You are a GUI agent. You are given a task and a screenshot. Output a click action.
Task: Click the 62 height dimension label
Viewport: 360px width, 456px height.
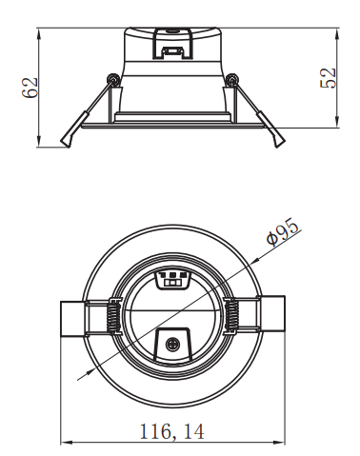click(30, 88)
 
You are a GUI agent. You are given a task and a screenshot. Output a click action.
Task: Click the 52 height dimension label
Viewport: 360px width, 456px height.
click(328, 78)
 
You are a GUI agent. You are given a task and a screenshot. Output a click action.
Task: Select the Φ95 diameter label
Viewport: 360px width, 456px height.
click(283, 231)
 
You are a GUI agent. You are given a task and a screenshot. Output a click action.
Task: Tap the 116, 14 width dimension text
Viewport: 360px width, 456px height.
click(172, 431)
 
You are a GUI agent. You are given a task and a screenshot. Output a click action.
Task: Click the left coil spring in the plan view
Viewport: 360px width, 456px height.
click(112, 316)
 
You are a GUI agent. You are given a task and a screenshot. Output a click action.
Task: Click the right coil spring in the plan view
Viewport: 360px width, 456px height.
click(232, 316)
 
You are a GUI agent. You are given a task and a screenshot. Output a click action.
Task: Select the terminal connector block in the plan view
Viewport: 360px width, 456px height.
click(172, 279)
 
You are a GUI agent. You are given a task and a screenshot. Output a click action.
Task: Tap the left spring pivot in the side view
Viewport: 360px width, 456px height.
click(112, 78)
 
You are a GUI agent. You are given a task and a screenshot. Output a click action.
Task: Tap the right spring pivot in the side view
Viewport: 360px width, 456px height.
click(232, 78)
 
